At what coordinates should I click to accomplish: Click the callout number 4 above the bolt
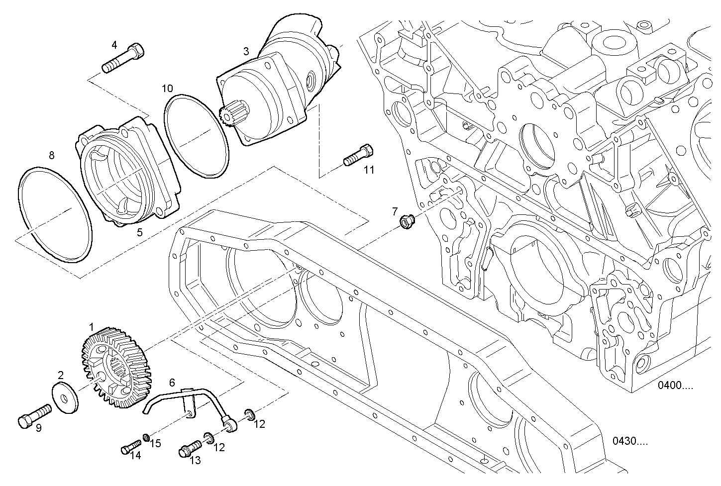(114, 45)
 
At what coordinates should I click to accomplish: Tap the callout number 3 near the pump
(246, 51)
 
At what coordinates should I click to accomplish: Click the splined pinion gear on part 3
(229, 117)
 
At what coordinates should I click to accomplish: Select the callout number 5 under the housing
(140, 232)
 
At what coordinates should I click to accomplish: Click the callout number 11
(368, 170)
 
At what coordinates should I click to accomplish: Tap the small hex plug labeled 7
(406, 219)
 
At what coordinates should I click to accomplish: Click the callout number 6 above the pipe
(172, 383)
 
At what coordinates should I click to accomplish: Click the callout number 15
(156, 443)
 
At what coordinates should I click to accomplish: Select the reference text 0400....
(675, 386)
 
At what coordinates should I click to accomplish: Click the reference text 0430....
(630, 441)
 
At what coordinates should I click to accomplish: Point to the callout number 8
(51, 155)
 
